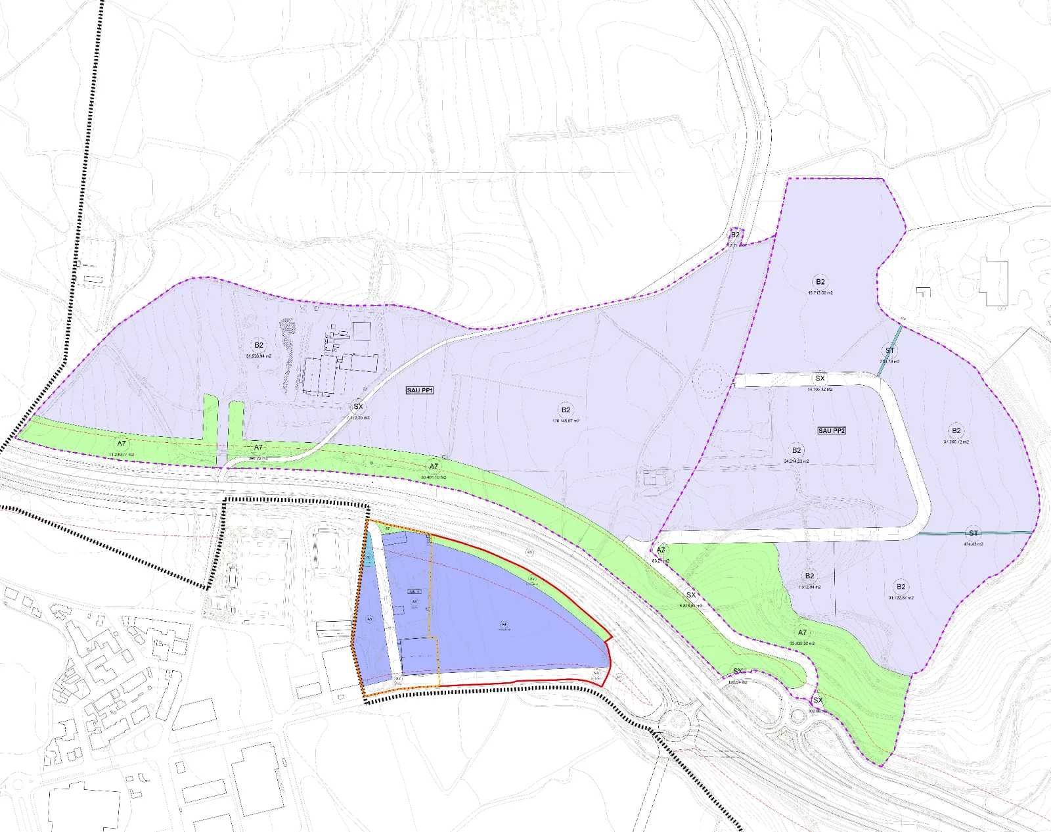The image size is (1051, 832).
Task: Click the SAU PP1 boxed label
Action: (420, 390)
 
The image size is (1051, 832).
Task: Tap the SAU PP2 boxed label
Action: (832, 430)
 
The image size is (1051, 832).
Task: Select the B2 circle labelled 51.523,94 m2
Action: (259, 345)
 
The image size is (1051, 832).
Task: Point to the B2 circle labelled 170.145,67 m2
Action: (566, 409)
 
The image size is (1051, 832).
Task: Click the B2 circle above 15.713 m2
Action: (820, 282)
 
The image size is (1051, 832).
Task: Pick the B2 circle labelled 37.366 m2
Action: (956, 431)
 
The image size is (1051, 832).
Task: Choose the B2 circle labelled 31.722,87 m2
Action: (901, 587)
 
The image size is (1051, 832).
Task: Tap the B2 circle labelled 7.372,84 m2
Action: (810, 576)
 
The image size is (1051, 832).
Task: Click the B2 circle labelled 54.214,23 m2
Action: (797, 451)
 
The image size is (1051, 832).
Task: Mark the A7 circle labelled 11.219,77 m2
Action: (122, 444)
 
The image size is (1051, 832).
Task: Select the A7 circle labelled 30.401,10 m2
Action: (434, 467)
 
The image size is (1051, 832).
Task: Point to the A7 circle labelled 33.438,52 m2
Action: (803, 633)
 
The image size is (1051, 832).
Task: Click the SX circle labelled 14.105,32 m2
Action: (820, 379)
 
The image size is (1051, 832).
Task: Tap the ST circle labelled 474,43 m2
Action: (973, 533)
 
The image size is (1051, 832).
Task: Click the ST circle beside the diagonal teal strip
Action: (890, 350)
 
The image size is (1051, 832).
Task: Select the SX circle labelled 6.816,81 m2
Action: (691, 595)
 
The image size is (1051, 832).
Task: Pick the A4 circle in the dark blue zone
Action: (504, 624)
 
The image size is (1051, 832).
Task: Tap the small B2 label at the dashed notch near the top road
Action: (735, 235)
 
